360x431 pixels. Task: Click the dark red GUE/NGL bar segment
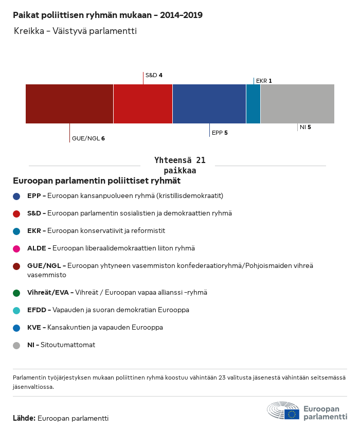click(69, 104)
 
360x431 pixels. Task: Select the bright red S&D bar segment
click(143, 104)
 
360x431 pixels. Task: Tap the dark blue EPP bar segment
click(209, 104)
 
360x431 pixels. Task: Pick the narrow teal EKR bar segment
click(253, 104)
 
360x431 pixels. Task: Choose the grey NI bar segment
click(297, 104)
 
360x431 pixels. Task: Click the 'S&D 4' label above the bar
click(154, 75)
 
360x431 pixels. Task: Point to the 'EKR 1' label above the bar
click(264, 81)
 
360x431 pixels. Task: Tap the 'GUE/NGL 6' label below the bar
click(88, 138)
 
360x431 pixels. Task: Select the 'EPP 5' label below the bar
click(220, 133)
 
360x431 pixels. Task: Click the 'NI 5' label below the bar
click(305, 127)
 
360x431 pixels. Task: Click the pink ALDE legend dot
click(16, 248)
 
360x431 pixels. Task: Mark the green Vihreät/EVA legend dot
click(16, 293)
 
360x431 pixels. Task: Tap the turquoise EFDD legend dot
click(16, 310)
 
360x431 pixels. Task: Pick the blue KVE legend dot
click(16, 328)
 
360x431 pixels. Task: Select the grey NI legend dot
click(16, 345)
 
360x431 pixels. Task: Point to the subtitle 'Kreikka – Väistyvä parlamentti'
click(75, 31)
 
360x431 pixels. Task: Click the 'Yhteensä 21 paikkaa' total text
click(180, 165)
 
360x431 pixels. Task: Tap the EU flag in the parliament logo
click(292, 414)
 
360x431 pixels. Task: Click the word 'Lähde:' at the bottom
click(24, 418)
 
